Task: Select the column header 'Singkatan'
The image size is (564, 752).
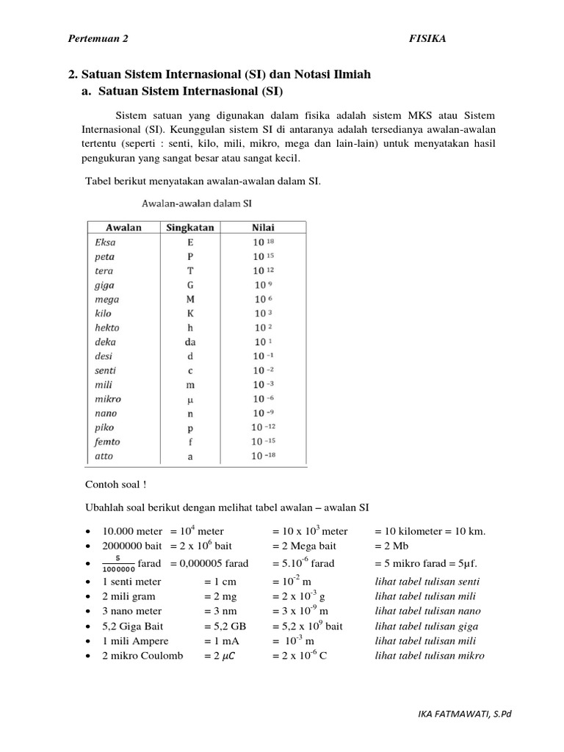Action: tap(190, 227)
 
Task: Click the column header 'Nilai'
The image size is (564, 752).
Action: tap(263, 227)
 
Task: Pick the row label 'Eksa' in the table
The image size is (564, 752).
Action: tap(106, 242)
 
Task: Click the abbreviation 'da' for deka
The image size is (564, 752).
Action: tap(190, 341)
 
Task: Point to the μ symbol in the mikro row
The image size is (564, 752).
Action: tap(190, 399)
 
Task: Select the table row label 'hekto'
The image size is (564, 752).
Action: tap(107, 328)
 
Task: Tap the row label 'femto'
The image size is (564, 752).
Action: tap(107, 442)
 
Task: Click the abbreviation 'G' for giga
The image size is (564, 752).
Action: tap(190, 284)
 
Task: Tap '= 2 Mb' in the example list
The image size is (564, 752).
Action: tap(392, 546)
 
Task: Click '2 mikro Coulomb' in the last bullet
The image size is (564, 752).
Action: tap(142, 656)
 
